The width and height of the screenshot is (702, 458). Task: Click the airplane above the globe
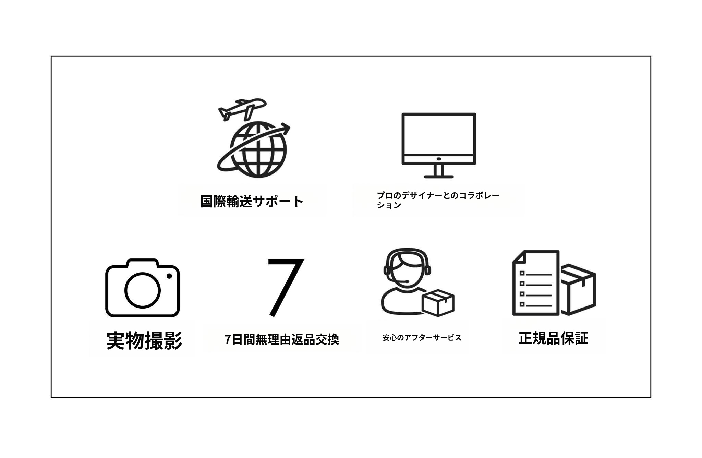[x=242, y=109]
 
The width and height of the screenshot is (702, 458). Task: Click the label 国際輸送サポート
[x=252, y=201]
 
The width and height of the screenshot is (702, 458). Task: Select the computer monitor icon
[x=439, y=145]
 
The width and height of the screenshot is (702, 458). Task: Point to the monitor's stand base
[x=439, y=177]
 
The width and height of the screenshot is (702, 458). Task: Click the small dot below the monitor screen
[x=439, y=159]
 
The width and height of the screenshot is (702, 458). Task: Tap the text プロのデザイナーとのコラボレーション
[x=438, y=200]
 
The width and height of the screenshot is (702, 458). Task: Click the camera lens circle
[x=142, y=290]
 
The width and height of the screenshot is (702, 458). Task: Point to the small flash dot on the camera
[x=169, y=276]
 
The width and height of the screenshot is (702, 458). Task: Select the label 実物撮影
[x=144, y=340]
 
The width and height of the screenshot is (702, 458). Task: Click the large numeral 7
[x=286, y=288]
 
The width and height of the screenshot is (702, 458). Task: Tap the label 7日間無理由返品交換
[x=282, y=339]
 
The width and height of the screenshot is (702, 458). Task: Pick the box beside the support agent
[x=438, y=302]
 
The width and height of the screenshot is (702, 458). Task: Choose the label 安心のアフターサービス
[x=422, y=338]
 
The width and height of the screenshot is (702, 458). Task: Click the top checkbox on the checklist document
[x=522, y=273]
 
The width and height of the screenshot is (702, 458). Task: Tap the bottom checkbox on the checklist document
[x=522, y=304]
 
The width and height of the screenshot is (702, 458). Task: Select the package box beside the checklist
[x=578, y=289]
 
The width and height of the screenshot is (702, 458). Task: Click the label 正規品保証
[x=554, y=338]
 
